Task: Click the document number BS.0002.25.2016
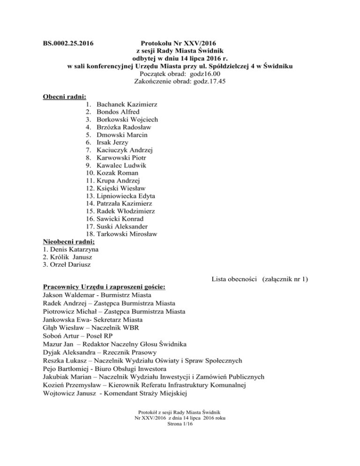65,44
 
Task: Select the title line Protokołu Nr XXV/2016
180,44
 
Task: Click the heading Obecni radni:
61,97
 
